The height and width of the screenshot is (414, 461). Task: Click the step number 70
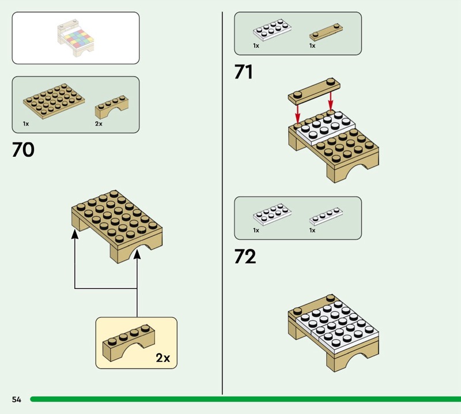click(x=23, y=149)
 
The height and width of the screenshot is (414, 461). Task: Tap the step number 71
click(x=243, y=72)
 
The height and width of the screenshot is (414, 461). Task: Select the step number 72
click(x=245, y=256)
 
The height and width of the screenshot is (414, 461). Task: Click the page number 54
click(x=17, y=399)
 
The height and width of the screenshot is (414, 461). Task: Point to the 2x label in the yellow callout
click(x=163, y=358)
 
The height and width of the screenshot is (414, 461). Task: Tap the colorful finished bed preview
click(x=76, y=38)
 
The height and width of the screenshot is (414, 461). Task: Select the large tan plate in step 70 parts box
click(x=54, y=101)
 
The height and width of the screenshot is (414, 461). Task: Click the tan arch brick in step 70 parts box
click(x=112, y=107)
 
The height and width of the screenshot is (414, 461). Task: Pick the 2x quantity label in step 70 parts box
click(x=99, y=124)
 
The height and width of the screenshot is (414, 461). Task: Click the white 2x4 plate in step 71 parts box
click(x=273, y=30)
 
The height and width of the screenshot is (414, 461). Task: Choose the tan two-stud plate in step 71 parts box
click(x=326, y=32)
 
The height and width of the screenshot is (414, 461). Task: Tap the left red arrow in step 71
click(x=298, y=113)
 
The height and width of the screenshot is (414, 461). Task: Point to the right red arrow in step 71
click(x=331, y=102)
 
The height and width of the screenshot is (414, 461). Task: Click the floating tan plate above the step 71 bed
click(x=314, y=92)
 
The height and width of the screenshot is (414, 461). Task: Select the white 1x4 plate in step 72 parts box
click(x=326, y=216)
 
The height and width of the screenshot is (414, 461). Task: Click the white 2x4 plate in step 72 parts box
click(x=273, y=214)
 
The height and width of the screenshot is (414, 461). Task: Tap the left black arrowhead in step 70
click(x=75, y=235)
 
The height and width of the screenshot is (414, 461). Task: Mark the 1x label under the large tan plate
click(x=26, y=124)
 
